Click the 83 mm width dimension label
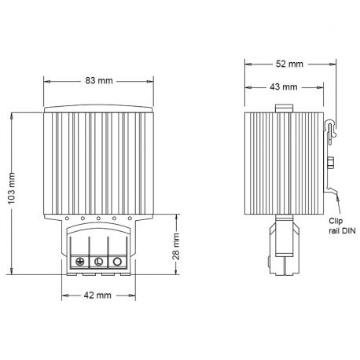[x=97, y=81]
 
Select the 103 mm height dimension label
[x=11, y=193]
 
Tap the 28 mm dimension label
[x=178, y=250]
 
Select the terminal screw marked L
[x=98, y=262]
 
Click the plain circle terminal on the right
[x=117, y=262]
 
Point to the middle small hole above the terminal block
[x=98, y=218]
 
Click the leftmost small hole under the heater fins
[x=68, y=218]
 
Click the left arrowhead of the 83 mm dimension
[x=46, y=81]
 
